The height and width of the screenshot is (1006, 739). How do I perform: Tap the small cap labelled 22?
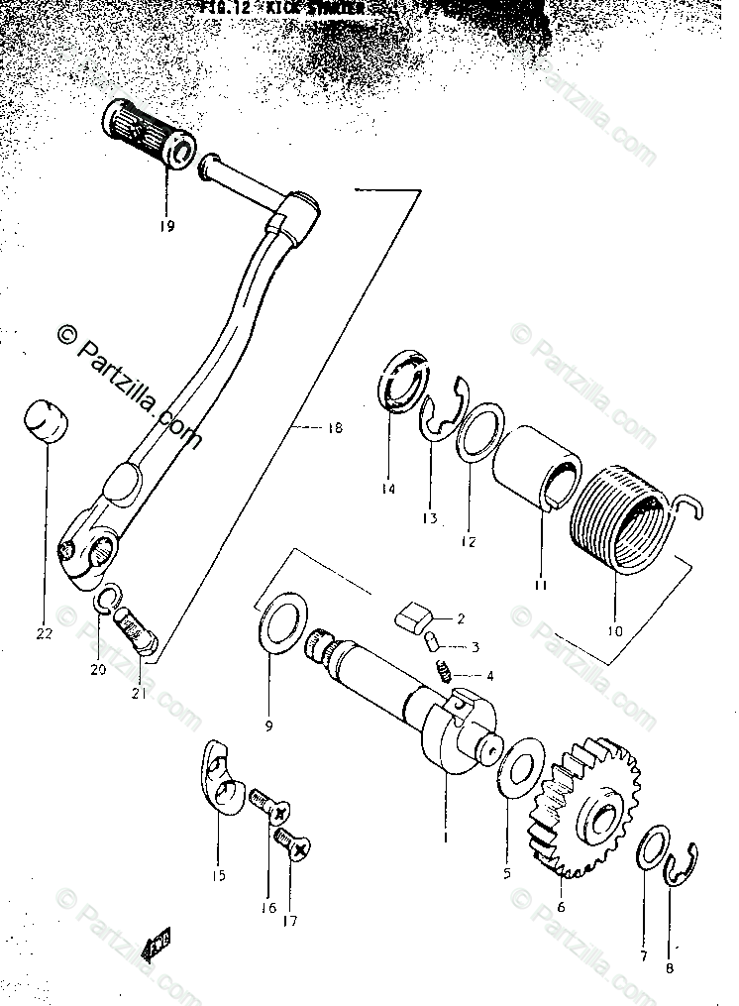coord(47,424)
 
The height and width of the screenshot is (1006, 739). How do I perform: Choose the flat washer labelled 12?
coord(478,433)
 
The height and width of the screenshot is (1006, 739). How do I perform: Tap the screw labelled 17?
coord(294,846)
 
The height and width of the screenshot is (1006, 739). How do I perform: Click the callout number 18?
coord(333,427)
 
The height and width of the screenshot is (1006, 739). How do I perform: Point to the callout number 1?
coord(445,837)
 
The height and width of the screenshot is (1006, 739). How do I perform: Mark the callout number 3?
coord(475,647)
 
